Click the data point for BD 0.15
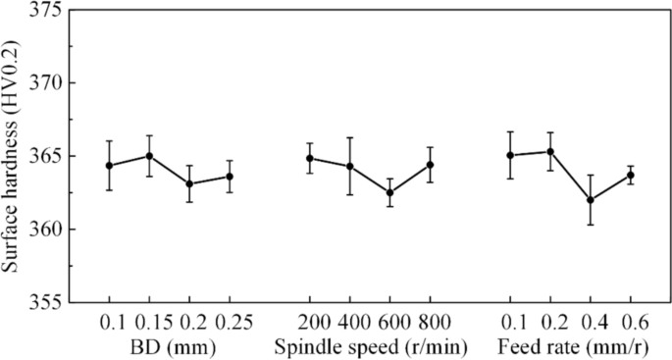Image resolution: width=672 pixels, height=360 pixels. click(149, 156)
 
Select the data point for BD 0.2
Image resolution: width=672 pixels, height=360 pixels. click(189, 183)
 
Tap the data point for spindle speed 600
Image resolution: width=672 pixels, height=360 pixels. click(389, 192)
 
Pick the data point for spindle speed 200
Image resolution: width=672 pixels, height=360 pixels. click(310, 158)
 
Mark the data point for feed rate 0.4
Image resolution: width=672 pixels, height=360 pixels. click(591, 200)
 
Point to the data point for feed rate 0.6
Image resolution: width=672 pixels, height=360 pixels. click(631, 175)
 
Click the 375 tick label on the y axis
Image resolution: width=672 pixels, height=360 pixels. click(49, 11)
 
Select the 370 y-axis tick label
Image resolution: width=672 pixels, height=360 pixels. click(49, 83)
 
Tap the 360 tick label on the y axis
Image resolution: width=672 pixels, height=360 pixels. click(49, 230)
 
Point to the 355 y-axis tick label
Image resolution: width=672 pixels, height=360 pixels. click(49, 302)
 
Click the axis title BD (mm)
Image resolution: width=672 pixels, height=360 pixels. click(169, 346)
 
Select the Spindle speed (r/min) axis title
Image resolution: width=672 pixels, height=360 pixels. click(370, 346)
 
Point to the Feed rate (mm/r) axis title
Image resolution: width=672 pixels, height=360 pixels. click(570, 346)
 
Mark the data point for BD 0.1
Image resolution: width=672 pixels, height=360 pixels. click(109, 165)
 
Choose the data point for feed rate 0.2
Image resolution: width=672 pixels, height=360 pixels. click(550, 152)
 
